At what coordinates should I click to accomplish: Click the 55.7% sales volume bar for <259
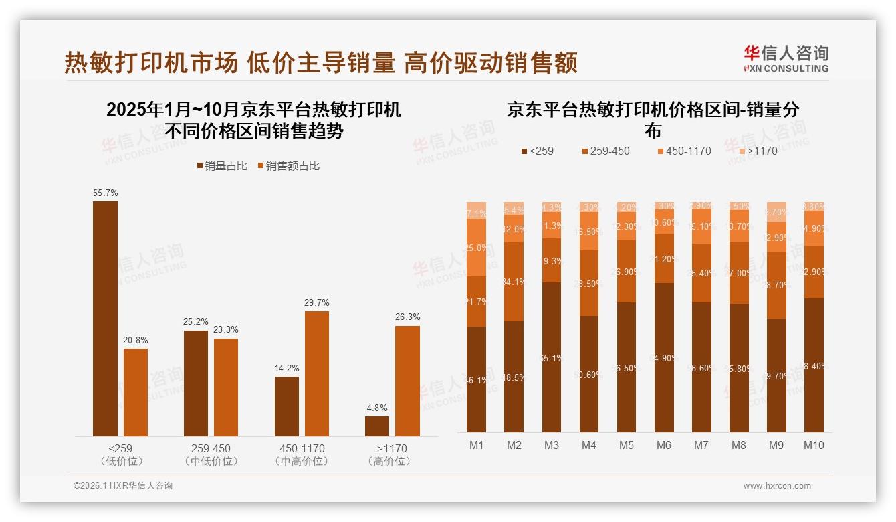click(x=105, y=319)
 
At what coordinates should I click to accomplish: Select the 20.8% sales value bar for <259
click(x=136, y=392)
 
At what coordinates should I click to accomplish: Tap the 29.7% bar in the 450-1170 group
click(x=317, y=373)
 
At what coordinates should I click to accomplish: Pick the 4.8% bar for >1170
click(x=377, y=426)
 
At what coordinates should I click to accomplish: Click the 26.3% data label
click(x=407, y=317)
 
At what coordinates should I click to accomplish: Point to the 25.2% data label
click(x=196, y=321)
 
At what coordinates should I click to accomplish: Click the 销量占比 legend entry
click(x=220, y=166)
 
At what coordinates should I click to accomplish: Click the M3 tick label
click(x=551, y=445)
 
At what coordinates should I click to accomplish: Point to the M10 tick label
click(x=814, y=445)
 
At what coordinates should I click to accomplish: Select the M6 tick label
click(x=663, y=445)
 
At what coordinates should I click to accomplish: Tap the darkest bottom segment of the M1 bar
click(x=476, y=379)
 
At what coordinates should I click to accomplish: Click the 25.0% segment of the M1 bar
click(x=476, y=248)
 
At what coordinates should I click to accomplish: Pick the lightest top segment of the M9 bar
click(x=776, y=211)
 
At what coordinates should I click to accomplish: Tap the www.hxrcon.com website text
click(x=777, y=486)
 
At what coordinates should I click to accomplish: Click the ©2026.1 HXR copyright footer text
click(x=123, y=486)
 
